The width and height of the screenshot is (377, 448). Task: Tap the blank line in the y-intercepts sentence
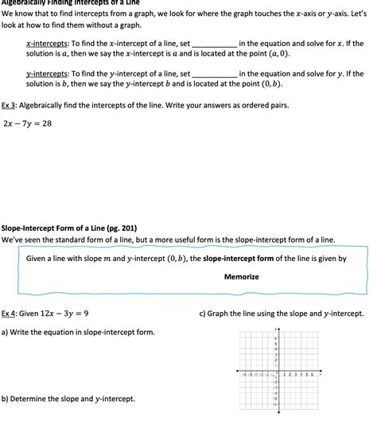coord(214,74)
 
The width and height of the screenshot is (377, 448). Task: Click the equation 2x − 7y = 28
coord(27,123)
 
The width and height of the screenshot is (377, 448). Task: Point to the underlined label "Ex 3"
coord(10,105)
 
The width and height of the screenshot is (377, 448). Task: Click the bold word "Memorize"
coord(241,276)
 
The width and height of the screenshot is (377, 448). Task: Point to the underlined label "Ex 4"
coord(10,314)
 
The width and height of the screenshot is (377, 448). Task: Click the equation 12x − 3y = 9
coord(64,314)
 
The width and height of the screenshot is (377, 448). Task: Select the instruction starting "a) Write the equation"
coord(78,332)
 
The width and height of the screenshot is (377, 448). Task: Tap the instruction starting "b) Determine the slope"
coord(68,398)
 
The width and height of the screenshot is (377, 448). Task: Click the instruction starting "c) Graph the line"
coord(281,314)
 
